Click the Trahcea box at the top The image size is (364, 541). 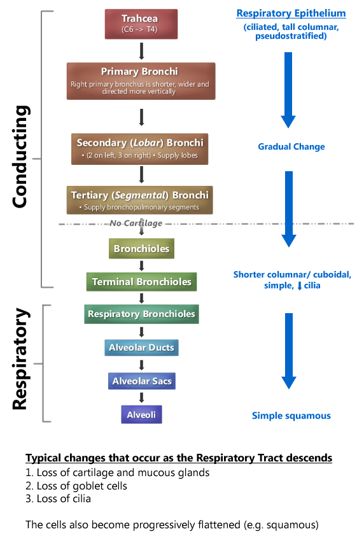tap(141, 24)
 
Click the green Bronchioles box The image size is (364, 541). tap(141, 249)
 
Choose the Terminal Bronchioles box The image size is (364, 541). tap(141, 281)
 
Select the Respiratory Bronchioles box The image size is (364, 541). tap(141, 314)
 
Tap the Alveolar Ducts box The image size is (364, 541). tap(141, 348)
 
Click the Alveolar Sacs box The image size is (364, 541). tap(141, 381)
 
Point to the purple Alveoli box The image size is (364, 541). tap(141, 414)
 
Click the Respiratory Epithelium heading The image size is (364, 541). tap(291, 13)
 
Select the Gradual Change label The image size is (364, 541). tap(291, 147)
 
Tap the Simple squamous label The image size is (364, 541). tap(291, 416)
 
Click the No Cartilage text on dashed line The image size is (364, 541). tap(136, 223)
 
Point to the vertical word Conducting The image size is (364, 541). tap(22, 157)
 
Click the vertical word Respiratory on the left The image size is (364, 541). tap(22, 359)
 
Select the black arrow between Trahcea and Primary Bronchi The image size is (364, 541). tap(141, 50)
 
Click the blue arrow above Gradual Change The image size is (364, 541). tap(288, 89)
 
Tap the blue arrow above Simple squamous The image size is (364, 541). tap(288, 350)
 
